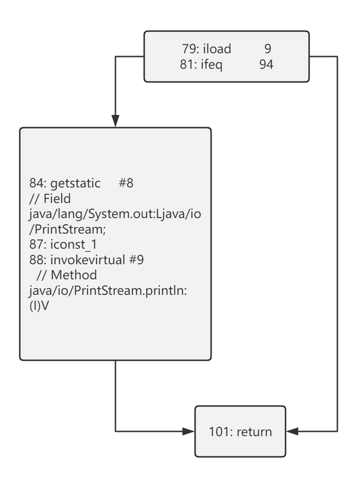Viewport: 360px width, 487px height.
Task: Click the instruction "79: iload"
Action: coord(206,49)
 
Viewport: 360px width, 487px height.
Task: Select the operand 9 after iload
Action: coord(268,49)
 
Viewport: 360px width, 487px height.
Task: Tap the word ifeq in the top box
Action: coord(212,65)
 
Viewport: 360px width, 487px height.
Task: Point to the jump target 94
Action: coord(266,65)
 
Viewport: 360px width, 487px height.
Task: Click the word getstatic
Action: coord(75,183)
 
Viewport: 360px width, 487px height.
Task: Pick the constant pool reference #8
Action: coord(126,183)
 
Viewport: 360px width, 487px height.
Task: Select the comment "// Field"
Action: coord(50,198)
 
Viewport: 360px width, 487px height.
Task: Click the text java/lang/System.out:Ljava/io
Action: coord(115,214)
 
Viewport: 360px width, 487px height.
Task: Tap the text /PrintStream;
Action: coord(68,229)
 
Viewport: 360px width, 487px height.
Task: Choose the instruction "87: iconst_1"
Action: coord(63,244)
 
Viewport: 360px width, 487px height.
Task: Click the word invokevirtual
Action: coord(88,260)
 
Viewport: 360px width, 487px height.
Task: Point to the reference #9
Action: coord(136,260)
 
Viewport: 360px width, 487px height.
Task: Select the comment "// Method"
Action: coord(67,275)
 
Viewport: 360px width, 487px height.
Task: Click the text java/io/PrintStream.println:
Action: coord(108,291)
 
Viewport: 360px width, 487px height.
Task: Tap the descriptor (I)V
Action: coord(39,306)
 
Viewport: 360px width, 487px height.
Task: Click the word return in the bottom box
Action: coord(254,432)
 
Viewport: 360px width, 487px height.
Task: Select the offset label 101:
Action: coord(221,432)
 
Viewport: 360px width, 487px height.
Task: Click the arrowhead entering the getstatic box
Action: coord(115,121)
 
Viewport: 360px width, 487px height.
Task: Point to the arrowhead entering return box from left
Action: coord(188,431)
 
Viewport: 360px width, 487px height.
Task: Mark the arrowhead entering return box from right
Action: coord(292,431)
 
